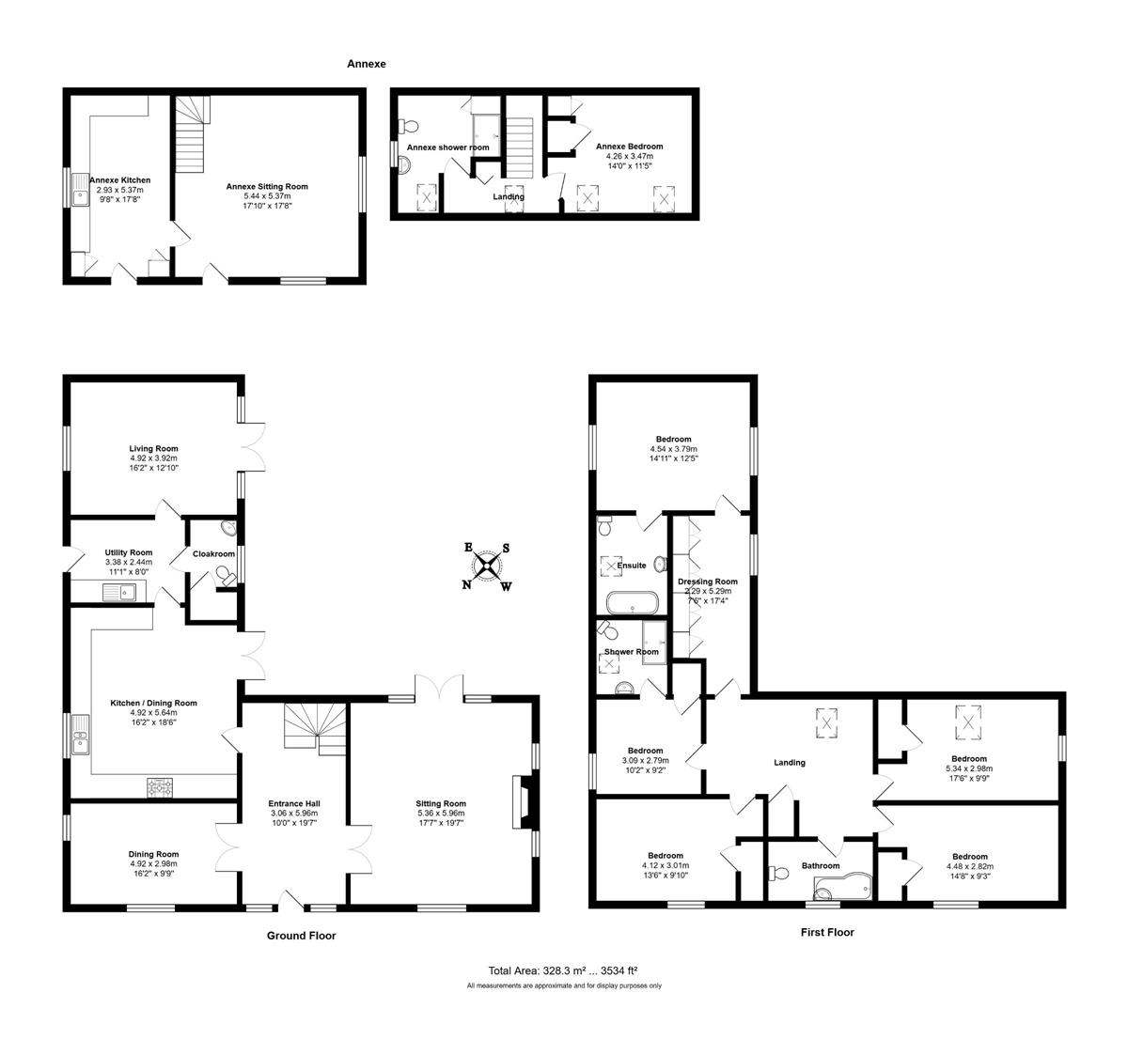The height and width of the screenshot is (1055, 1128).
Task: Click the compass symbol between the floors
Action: coord(487,566)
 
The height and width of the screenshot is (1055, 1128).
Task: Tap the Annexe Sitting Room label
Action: coord(267,186)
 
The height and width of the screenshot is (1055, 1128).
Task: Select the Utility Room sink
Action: coord(119,592)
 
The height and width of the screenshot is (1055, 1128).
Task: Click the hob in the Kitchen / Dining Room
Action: coord(160,787)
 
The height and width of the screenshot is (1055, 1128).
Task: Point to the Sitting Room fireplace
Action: coord(522,801)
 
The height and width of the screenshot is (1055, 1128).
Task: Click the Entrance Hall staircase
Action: coord(315,730)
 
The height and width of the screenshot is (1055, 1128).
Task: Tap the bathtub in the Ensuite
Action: coord(633,603)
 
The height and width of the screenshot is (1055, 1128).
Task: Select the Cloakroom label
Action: coord(213,553)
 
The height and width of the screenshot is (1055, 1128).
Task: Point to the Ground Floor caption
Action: coord(302,935)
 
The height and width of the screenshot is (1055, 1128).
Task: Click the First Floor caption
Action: coord(827,932)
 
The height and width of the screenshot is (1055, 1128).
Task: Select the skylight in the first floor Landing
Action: coord(827,723)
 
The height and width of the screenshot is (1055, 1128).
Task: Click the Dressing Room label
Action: coord(708,582)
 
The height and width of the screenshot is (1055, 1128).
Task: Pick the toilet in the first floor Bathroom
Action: coord(778,874)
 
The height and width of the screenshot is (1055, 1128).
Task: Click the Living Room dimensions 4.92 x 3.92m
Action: coord(153,458)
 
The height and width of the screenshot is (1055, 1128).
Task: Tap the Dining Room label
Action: coord(153,854)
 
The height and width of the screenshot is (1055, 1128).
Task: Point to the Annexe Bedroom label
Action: coord(629,146)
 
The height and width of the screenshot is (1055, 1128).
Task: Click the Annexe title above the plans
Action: coord(367,64)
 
